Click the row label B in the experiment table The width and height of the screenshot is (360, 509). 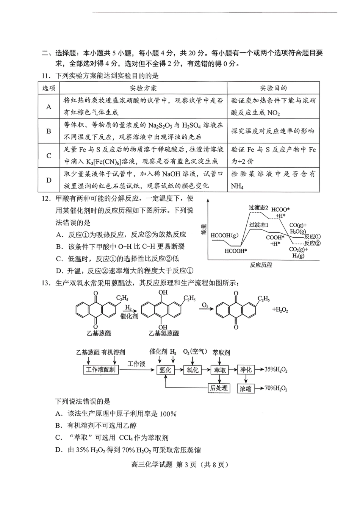49,131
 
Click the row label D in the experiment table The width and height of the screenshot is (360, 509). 49,180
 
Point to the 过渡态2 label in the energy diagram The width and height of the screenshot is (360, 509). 258,208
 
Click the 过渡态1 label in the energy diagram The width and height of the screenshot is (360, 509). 259,225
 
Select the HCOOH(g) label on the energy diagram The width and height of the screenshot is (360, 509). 225,235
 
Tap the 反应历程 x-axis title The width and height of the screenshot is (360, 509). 261,265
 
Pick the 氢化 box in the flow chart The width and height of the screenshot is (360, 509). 166,370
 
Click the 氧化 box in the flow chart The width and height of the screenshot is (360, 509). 193,370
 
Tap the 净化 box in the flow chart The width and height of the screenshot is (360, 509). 246,370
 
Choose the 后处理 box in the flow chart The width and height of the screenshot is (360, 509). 219,388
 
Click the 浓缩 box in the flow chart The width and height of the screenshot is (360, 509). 246,389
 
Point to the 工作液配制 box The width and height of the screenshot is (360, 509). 100,370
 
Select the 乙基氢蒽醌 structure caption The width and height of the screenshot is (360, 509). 163,333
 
